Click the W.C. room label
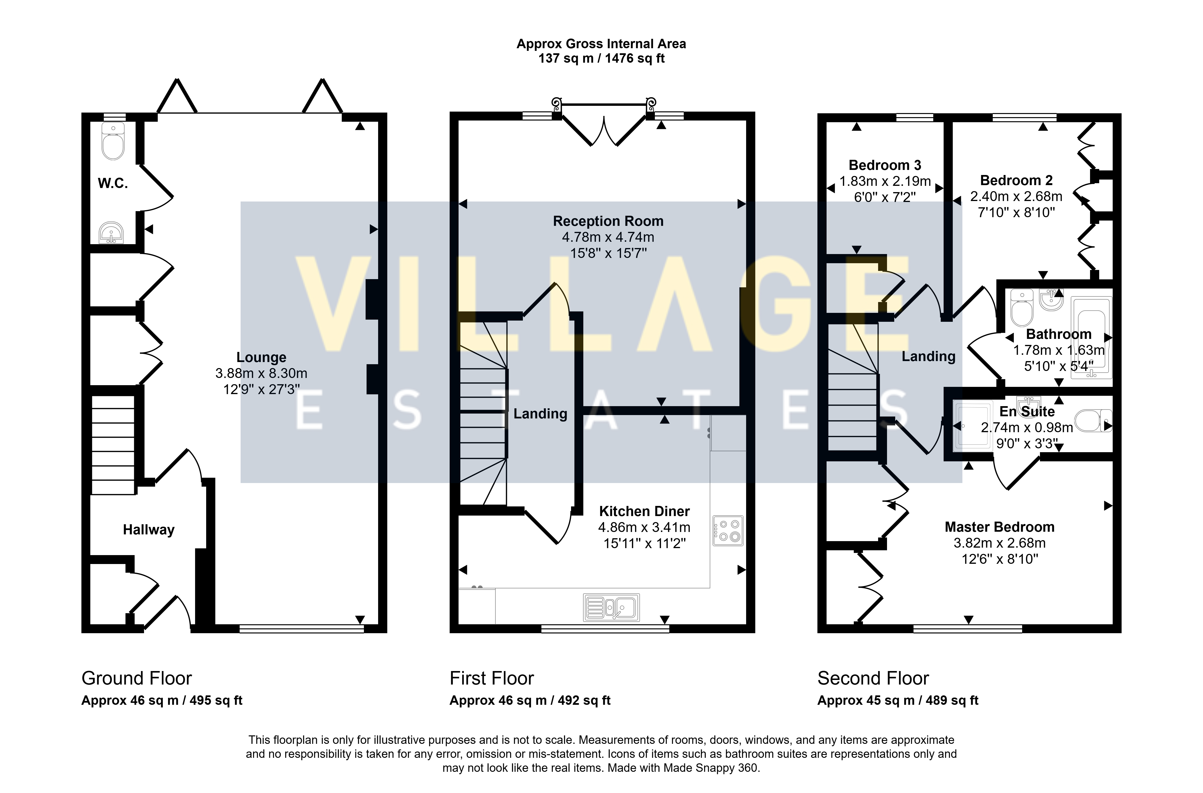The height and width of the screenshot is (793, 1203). pyautogui.click(x=113, y=183)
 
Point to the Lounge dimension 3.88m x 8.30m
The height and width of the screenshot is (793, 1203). pyautogui.click(x=261, y=373)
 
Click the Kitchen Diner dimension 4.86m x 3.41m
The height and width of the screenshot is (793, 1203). pyautogui.click(x=644, y=527)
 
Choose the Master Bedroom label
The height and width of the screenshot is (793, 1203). pyautogui.click(x=1000, y=527)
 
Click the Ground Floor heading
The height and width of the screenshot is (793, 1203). pyautogui.click(x=137, y=678)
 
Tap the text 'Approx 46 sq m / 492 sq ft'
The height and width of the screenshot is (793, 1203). pyautogui.click(x=530, y=700)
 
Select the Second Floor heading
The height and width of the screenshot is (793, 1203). pyautogui.click(x=873, y=678)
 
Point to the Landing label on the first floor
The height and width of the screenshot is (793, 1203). pyautogui.click(x=540, y=414)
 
